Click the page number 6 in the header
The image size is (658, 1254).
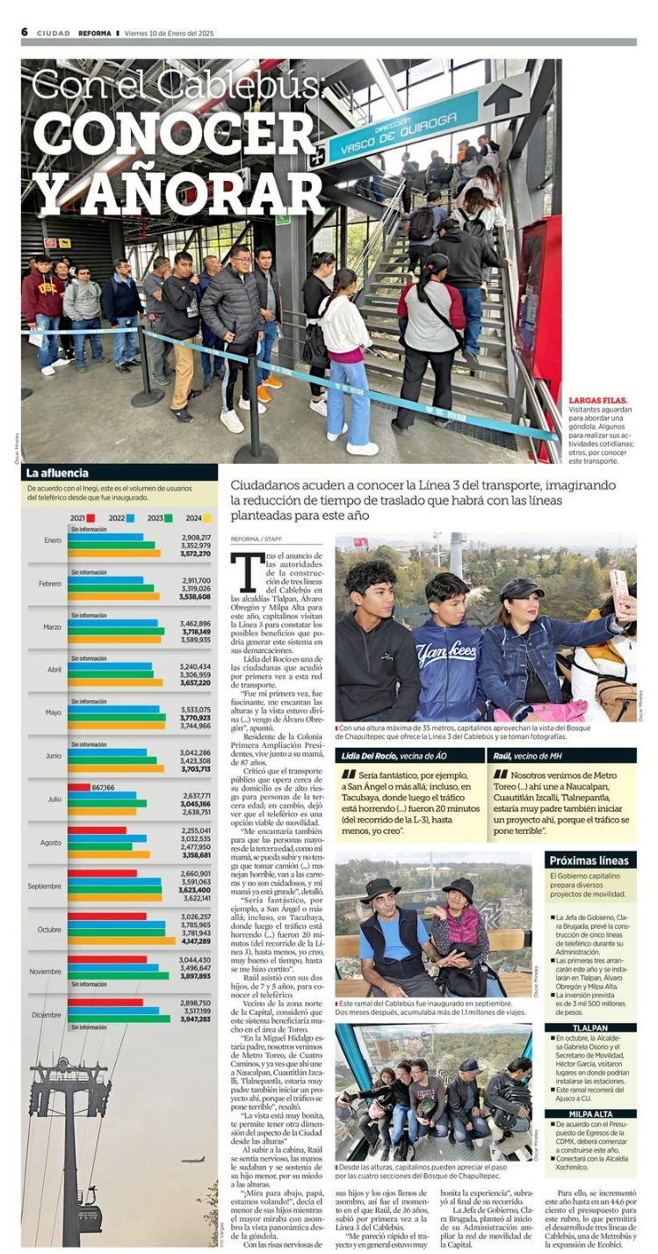click(x=25, y=33)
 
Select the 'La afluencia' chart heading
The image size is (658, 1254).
click(x=59, y=473)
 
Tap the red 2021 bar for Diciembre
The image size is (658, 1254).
click(x=105, y=1002)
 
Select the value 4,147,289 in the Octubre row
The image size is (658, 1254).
click(x=196, y=941)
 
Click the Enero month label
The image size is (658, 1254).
click(x=53, y=540)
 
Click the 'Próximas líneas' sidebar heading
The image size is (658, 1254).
click(x=591, y=860)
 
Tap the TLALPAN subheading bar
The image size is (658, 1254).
click(x=591, y=1027)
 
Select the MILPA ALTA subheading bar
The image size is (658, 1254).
click(x=591, y=1114)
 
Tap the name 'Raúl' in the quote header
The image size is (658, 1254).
click(x=503, y=756)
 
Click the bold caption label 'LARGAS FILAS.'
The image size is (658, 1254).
click(x=598, y=401)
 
